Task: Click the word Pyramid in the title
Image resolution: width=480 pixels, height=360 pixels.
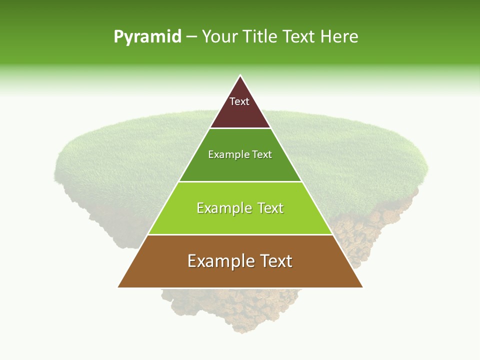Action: click(x=147, y=37)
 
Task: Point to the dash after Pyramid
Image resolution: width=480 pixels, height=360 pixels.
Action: click(x=191, y=37)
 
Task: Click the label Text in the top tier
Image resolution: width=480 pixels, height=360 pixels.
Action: click(x=239, y=101)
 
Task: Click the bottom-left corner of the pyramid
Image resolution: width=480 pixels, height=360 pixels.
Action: click(x=118, y=287)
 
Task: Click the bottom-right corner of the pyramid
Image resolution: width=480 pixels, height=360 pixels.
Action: click(x=362, y=287)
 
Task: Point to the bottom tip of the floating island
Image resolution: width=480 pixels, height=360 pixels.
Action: click(x=240, y=332)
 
